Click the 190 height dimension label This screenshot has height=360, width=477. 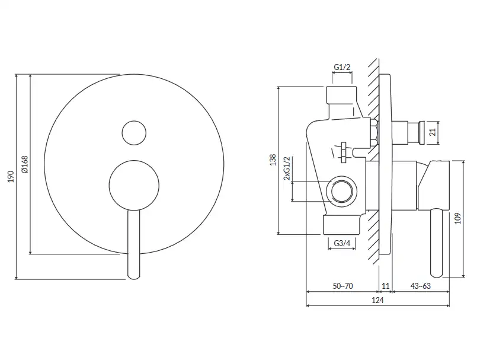click(x=11, y=177)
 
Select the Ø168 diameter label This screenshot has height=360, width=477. click(x=25, y=164)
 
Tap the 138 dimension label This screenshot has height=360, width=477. click(x=273, y=160)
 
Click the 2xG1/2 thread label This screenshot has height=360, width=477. click(x=287, y=168)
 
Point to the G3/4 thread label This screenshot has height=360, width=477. click(x=342, y=243)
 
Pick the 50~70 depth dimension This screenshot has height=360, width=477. click(x=342, y=286)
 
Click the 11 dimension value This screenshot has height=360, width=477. click(x=385, y=286)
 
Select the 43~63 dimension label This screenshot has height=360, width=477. click(x=421, y=286)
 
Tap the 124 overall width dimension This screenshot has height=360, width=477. click(x=377, y=300)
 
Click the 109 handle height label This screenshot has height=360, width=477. click(x=458, y=218)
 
